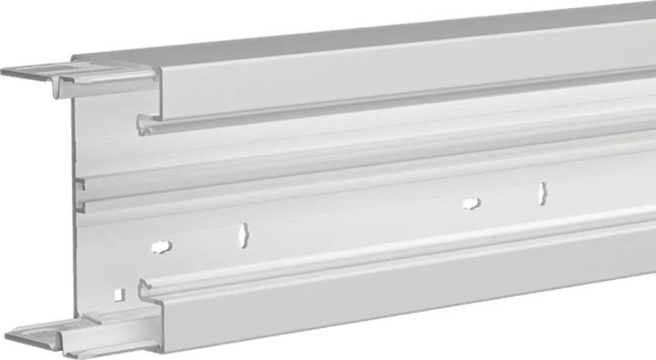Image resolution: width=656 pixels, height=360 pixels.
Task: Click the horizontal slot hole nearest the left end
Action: coord(160,246)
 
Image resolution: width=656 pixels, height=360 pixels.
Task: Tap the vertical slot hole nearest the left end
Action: coord(242,235)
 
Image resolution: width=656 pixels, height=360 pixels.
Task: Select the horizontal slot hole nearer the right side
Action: coord(471,203)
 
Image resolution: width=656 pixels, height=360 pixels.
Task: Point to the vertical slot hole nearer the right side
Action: coord(542,192)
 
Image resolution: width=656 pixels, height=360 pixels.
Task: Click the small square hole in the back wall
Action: coord(120,293)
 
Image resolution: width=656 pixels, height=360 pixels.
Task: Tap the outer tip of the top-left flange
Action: coord(5,71)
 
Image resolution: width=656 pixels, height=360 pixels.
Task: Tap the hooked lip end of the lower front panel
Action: coord(143,291)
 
